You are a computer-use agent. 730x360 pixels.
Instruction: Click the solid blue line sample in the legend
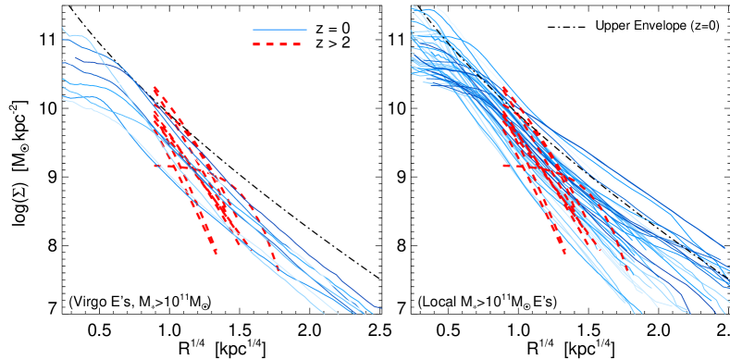pyautogui.click(x=279, y=30)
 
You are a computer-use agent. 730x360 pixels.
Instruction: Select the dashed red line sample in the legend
pyautogui.click(x=277, y=44)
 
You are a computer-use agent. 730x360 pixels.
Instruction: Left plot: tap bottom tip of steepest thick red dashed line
pyautogui.click(x=216, y=253)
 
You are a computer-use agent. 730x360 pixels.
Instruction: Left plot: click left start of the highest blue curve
pyautogui.click(x=63, y=28)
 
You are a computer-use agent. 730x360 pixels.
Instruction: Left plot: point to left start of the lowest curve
pyautogui.click(x=63, y=98)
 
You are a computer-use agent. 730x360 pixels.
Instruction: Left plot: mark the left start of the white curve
pyautogui.click(x=63, y=60)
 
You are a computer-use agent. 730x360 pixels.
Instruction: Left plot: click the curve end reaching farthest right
pyautogui.click(x=380, y=308)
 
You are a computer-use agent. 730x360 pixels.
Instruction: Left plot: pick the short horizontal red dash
pyautogui.click(x=161, y=166)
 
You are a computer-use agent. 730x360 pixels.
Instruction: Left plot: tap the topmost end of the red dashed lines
pyautogui.click(x=155, y=87)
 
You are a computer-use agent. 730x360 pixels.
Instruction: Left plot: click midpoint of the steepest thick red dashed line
pyautogui.click(x=185, y=171)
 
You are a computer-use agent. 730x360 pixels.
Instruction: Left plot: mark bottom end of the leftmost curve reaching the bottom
pyautogui.click(x=325, y=313)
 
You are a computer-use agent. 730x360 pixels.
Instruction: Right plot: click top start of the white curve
pyautogui.click(x=436, y=7)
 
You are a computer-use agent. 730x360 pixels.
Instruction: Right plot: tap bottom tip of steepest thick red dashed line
pyautogui.click(x=564, y=253)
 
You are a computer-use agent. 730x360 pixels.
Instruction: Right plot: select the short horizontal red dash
pyautogui.click(x=510, y=166)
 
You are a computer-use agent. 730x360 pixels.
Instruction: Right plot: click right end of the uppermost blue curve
pyautogui.click(x=724, y=248)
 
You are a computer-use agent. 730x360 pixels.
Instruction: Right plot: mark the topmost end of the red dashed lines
pyautogui.click(x=503, y=87)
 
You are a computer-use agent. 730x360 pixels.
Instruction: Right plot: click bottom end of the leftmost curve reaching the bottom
pyautogui.click(x=635, y=313)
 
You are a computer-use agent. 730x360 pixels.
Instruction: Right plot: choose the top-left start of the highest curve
pyautogui.click(x=413, y=7)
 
